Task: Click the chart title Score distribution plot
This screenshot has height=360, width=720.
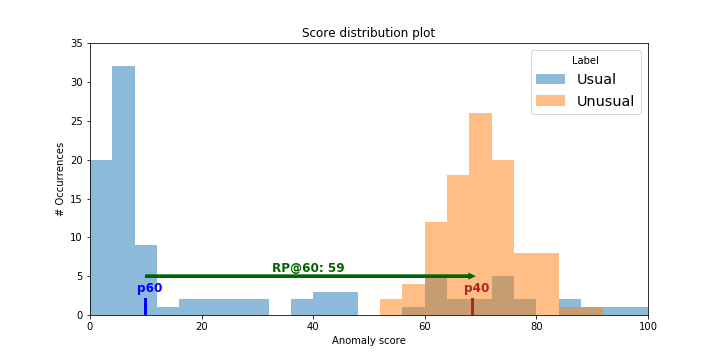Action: click(x=368, y=33)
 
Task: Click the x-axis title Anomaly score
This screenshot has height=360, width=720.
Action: click(x=368, y=341)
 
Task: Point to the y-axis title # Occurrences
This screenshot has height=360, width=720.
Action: click(x=60, y=179)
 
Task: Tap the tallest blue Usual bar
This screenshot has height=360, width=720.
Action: click(x=123, y=190)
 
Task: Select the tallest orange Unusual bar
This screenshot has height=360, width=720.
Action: click(x=480, y=214)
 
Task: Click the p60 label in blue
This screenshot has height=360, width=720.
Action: click(x=149, y=288)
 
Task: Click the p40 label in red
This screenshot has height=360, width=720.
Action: click(x=476, y=288)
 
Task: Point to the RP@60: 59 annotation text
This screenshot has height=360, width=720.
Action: click(x=308, y=268)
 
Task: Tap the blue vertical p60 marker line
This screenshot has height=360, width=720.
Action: click(x=145, y=306)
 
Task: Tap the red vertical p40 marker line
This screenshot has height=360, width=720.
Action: click(x=472, y=306)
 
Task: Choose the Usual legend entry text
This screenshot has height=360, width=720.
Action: click(x=596, y=79)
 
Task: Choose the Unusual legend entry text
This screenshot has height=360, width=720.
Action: click(x=605, y=101)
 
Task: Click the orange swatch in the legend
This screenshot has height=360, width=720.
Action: click(x=550, y=101)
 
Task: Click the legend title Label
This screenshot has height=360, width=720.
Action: click(x=585, y=60)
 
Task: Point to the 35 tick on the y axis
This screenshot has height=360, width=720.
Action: click(x=76, y=44)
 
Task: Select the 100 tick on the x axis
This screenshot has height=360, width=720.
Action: click(x=648, y=325)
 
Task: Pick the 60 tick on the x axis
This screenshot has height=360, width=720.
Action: click(x=424, y=325)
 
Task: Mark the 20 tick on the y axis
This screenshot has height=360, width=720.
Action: click(x=76, y=160)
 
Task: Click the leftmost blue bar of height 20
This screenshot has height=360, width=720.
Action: click(x=101, y=237)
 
